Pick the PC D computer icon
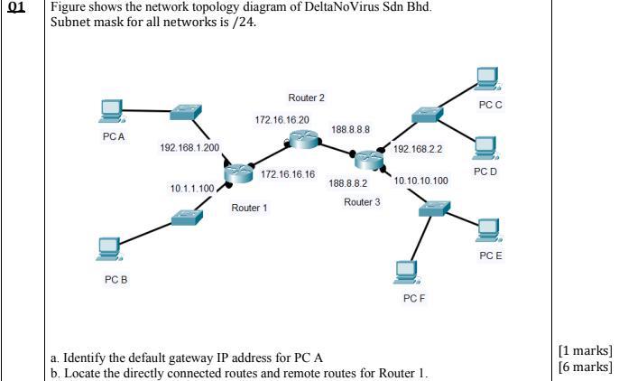click(485, 146)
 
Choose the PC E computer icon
click(489, 231)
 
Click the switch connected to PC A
click(187, 112)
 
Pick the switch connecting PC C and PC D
click(423, 116)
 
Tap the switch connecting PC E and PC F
click(434, 207)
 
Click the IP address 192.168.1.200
click(189, 146)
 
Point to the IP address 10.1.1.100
click(192, 188)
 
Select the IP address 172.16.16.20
click(282, 119)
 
